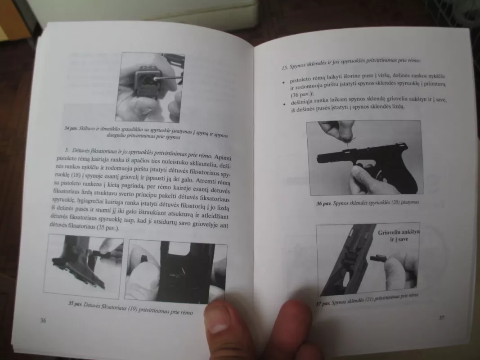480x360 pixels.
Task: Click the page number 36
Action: pyautogui.click(x=43, y=320)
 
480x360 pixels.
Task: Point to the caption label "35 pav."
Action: pyautogui.click(x=76, y=303)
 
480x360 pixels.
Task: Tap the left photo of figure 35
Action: pyautogui.click(x=83, y=265)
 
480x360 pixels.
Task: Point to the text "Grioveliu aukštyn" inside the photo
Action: pyautogui.click(x=398, y=233)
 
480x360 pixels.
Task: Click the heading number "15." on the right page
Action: pyautogui.click(x=284, y=67)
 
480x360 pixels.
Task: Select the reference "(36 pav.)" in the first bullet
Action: pyautogui.click(x=301, y=94)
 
